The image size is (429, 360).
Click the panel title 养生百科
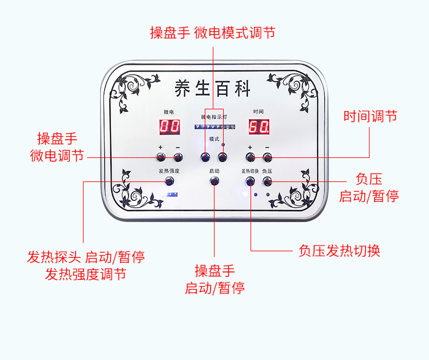point(213,89)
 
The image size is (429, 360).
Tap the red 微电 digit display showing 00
point(169,127)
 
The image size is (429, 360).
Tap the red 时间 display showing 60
point(259,127)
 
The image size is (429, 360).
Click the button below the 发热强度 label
point(169,181)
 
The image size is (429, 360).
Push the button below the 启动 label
point(214,181)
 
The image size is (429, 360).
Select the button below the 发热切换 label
point(250,181)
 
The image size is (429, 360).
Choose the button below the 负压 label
point(267,181)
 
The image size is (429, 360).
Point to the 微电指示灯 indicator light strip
point(214,127)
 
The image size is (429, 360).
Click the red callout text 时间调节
point(370,117)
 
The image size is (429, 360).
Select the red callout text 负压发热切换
point(339,251)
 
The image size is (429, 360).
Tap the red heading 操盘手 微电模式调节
point(213,33)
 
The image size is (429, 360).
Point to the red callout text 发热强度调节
point(86,274)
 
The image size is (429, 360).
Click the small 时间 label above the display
point(259,111)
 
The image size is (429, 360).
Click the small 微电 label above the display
point(169,111)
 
